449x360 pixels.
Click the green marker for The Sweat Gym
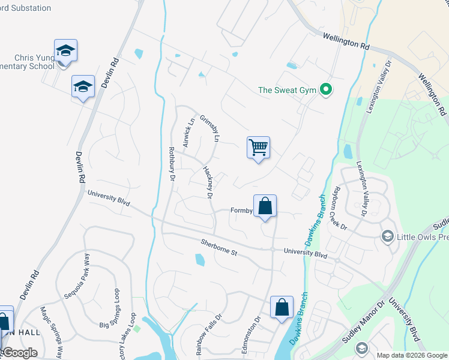point(326,91)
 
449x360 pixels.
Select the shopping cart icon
point(258,146)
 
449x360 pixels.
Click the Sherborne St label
point(219,249)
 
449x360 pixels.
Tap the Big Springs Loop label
point(112,308)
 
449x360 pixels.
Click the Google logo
point(19,353)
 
